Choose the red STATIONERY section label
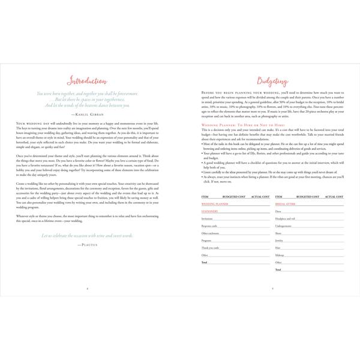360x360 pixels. coord(210,211)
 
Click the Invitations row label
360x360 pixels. coord(209,220)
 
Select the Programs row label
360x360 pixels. coord(208,241)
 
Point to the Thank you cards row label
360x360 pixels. coord(210,248)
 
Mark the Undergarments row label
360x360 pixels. coord(284,226)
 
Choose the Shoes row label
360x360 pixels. coord(279,234)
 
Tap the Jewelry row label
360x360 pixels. coord(280,241)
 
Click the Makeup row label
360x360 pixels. coord(280,255)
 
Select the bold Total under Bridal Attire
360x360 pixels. coord(278,269)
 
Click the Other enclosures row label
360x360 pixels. coord(211,233)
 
